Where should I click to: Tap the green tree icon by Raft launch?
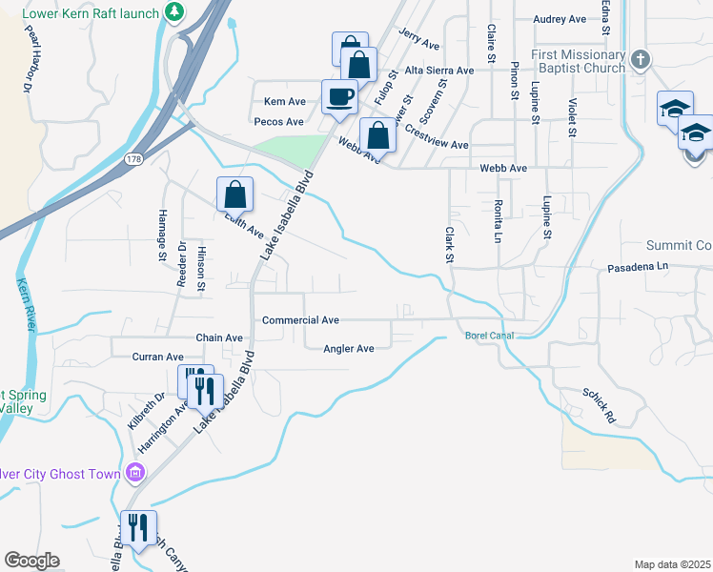(174, 11)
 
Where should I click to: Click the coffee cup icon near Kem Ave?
(340, 95)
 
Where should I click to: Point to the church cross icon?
(641, 59)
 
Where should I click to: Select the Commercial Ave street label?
(300, 320)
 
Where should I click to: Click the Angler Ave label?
(349, 349)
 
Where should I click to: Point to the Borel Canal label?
(489, 336)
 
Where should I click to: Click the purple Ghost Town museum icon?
(135, 473)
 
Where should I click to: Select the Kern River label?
(26, 304)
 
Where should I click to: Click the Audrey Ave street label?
(560, 19)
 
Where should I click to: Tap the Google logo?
(31, 561)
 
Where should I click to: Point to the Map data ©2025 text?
(672, 564)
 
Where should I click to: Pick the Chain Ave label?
(219, 337)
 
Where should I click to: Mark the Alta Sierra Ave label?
(438, 71)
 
